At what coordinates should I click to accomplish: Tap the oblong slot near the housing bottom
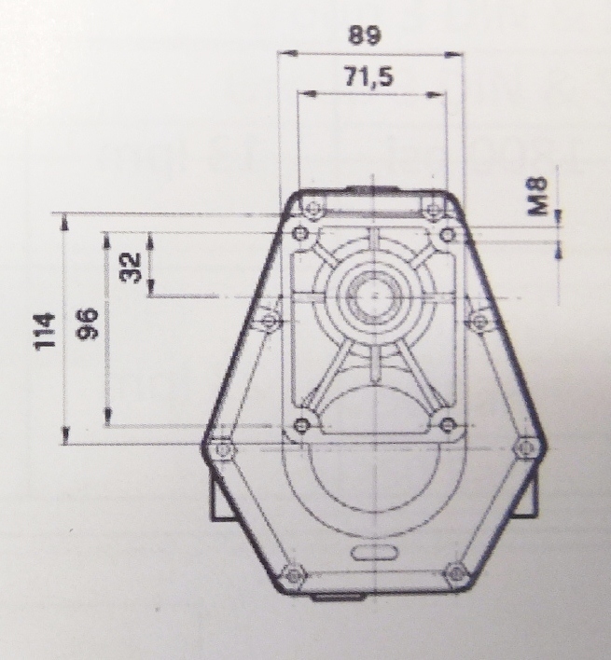point(371,554)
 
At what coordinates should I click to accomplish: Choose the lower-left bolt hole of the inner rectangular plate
point(300,426)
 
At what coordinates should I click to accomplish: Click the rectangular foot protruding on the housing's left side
point(221,500)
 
